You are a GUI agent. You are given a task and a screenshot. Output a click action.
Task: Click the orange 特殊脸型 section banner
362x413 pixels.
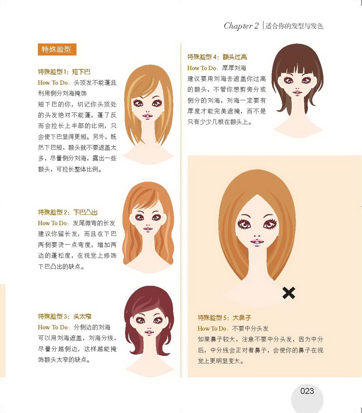click(x=57, y=49)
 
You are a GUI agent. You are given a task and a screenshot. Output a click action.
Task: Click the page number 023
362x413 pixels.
click(x=307, y=391)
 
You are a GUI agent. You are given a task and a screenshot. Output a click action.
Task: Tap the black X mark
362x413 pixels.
click(x=289, y=293)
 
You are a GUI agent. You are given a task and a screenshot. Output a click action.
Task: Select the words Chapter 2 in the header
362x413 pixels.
click(x=241, y=26)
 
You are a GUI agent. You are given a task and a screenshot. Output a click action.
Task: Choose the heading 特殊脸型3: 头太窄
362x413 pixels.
click(x=64, y=316)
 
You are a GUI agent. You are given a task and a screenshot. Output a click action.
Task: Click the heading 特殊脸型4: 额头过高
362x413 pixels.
click(x=217, y=57)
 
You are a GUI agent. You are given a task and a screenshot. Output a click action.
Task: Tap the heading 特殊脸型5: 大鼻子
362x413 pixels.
click(x=223, y=317)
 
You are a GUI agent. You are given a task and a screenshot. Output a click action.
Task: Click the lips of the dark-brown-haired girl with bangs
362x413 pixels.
click(x=297, y=92)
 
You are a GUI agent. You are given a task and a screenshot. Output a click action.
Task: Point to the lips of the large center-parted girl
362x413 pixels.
click(x=257, y=241)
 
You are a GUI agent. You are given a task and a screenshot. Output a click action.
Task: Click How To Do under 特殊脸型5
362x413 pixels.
click(x=212, y=329)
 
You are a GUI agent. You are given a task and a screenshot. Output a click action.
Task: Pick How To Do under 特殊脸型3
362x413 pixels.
click(x=53, y=328)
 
